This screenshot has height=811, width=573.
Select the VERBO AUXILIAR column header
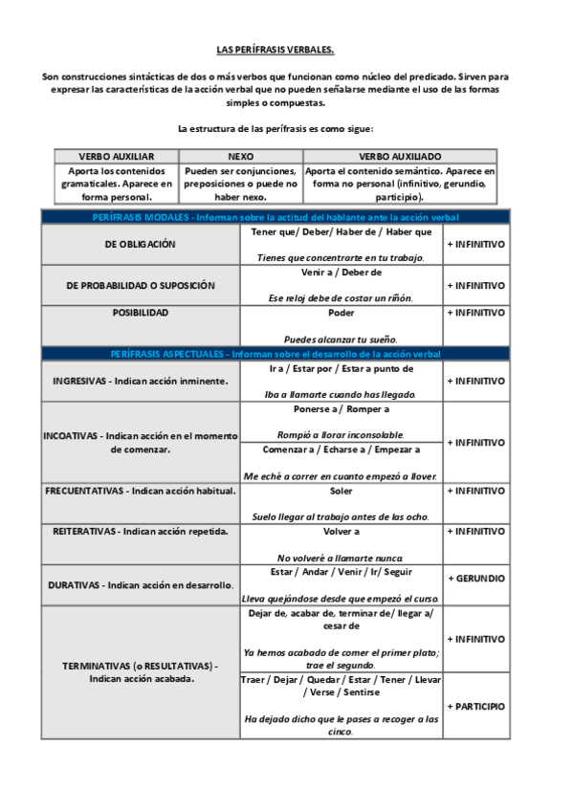pyautogui.click(x=116, y=155)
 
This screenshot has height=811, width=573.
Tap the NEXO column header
pyautogui.click(x=240, y=155)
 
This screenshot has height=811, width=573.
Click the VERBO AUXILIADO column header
pyautogui.click(x=400, y=155)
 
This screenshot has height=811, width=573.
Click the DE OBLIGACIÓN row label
pyautogui.click(x=141, y=244)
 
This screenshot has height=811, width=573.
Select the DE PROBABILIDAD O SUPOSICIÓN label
pyautogui.click(x=141, y=285)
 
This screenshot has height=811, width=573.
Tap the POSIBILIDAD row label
pyautogui.click(x=141, y=313)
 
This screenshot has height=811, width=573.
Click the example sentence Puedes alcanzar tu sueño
pyautogui.click(x=341, y=340)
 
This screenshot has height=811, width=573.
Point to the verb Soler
pyautogui.click(x=341, y=491)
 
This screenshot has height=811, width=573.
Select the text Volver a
pyautogui.click(x=341, y=531)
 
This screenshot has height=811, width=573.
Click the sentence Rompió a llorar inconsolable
pyautogui.click(x=341, y=433)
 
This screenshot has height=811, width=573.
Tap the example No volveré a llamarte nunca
pyautogui.click(x=341, y=558)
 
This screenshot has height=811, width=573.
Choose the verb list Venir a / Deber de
pyautogui.click(x=341, y=273)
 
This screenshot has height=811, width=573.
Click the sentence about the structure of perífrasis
pyautogui.click(x=275, y=128)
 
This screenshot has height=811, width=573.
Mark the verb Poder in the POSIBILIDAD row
pyautogui.click(x=341, y=313)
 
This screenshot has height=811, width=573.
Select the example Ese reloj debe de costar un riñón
pyautogui.click(x=341, y=298)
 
